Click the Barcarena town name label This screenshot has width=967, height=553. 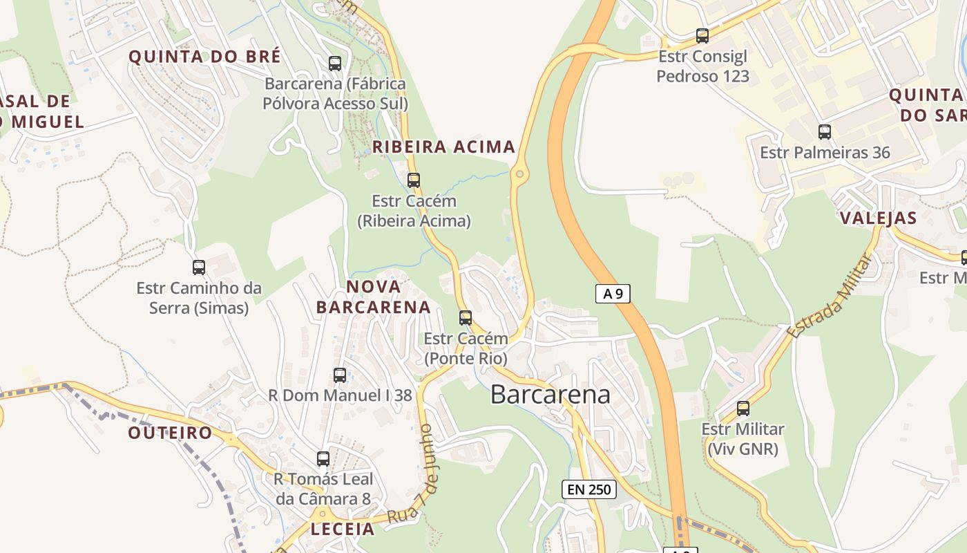550,394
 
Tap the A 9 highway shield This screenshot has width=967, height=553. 613,294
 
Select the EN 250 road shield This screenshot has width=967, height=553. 589,489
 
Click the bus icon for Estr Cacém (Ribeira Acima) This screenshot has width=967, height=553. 414,180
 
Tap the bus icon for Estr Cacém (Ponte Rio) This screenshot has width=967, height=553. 466,318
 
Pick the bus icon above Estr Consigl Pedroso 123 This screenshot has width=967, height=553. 702,36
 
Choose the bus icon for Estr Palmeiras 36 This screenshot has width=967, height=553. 825,132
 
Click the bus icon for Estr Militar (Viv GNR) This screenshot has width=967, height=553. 743,409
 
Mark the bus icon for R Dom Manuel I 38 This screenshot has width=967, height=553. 340,375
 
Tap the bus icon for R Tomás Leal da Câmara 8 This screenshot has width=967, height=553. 323,459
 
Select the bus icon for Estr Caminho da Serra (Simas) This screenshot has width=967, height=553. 199,268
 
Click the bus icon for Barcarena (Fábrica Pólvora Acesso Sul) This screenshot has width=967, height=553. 335,64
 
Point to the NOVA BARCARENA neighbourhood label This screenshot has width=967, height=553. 374,297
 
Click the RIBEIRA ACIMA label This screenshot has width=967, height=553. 443,147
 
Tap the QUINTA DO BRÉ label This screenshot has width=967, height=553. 205,57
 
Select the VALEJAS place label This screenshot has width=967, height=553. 878,218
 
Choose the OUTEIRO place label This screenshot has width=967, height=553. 170,433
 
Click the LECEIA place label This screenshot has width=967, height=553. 343,529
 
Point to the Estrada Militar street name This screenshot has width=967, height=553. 830,296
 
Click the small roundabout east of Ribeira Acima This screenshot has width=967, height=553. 519,174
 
